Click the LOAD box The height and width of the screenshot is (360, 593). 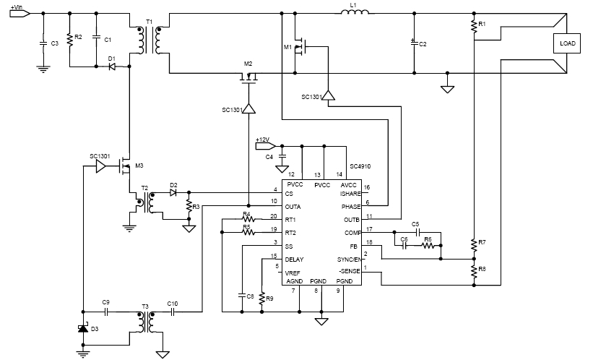pos(566,43)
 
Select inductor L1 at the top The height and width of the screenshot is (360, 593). pos(354,13)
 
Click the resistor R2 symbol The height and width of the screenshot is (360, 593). pos(69,40)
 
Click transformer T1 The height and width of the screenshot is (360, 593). pos(150,40)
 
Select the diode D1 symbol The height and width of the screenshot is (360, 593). pos(112,67)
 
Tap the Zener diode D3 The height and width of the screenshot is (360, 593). pos(82,329)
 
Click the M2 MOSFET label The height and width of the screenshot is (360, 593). pos(248,64)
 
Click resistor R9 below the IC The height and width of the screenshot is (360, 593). pos(261,296)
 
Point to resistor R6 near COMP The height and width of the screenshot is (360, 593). pos(429,245)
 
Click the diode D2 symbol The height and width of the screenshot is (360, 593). pos(173,193)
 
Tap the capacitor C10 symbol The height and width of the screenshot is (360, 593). pos(173,312)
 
